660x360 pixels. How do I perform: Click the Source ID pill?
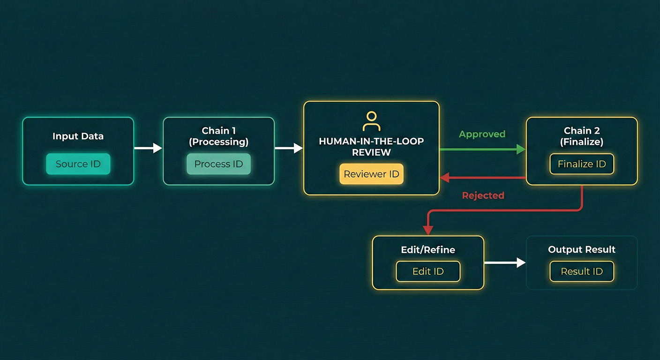pos(78,164)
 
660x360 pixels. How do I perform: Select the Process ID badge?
pos(218,164)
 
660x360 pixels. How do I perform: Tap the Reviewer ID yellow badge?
pos(371,174)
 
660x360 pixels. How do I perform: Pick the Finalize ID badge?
pos(582,164)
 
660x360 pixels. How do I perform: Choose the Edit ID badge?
pos(428,271)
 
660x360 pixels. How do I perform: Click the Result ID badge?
pos(582,271)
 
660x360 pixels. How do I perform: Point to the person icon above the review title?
pos(371,121)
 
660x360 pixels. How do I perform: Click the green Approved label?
pos(482,134)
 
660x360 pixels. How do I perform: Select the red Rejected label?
pos(483,195)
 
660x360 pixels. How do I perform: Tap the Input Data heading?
pos(78,136)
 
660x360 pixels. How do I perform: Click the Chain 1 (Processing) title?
pos(218,136)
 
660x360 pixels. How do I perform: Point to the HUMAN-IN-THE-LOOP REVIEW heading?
pos(371,147)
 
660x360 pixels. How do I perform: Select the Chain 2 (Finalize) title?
pos(582,136)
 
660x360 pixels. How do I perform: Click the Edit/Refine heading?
pos(428,250)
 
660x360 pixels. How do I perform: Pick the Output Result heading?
pos(582,249)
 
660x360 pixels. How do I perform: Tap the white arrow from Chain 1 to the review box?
pos(289,149)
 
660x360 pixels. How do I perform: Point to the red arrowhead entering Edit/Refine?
pos(427,230)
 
